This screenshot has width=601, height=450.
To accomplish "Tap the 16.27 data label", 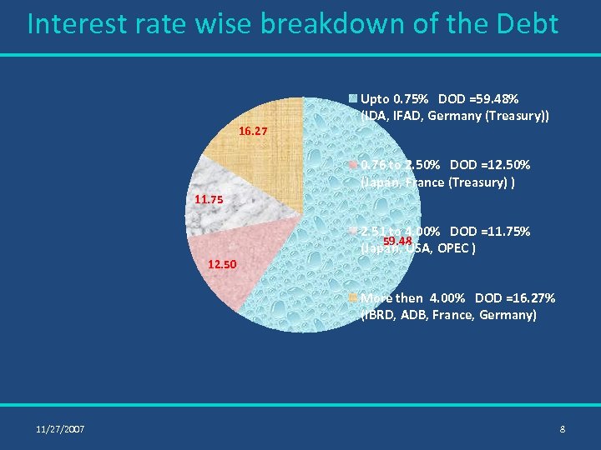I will coord(253,132).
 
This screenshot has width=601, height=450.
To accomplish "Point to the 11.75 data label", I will coord(209,200).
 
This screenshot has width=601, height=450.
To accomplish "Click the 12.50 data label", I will coord(223,265).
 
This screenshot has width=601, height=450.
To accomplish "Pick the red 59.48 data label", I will coord(397,242).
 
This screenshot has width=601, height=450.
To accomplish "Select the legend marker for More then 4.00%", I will coord(354,297).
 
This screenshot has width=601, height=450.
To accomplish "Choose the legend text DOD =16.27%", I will coord(514,297).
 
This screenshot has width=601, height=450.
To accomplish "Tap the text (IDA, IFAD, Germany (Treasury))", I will coord(455,117).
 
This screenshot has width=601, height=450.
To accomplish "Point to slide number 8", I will coord(563,429).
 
